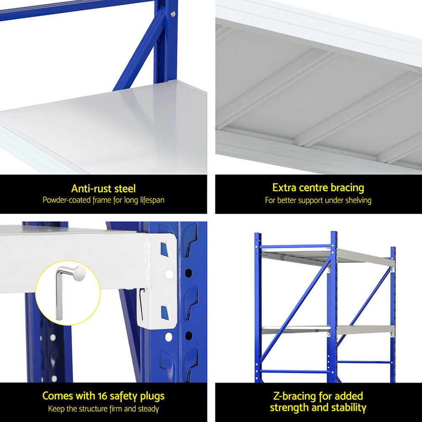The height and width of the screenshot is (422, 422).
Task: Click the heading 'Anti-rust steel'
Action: (103, 188)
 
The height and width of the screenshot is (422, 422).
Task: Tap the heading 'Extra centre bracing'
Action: (318, 187)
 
